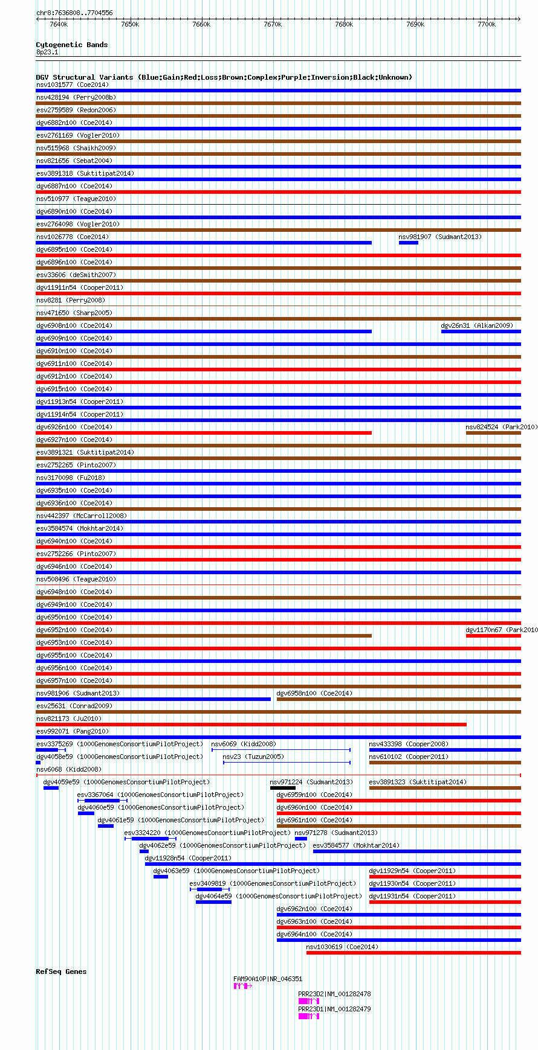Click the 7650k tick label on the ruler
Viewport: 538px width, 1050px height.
[x=129, y=24]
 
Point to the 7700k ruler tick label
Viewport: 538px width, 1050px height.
[x=486, y=24]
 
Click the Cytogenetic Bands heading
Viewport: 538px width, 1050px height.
[x=71, y=45]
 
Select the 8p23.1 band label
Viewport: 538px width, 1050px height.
[x=47, y=53]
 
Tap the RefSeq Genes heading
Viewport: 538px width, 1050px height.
[x=61, y=972]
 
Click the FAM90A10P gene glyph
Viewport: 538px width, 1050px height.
[x=242, y=986]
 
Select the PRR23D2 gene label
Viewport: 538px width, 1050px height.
[x=334, y=994]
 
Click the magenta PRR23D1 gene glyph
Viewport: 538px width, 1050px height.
[x=308, y=1016]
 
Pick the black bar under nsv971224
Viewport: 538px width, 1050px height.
[x=282, y=788]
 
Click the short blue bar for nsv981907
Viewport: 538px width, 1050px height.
[x=408, y=243]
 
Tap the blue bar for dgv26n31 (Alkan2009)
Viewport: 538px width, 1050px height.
[x=481, y=331]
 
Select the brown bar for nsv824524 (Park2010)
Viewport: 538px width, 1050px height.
[x=493, y=433]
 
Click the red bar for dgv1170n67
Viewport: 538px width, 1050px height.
[x=493, y=636]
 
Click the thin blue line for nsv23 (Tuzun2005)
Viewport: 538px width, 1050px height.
[x=287, y=763]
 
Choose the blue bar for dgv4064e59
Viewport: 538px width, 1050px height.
[x=213, y=902]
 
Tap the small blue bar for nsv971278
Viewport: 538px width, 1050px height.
[x=300, y=839]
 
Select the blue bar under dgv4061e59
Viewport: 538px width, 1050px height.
[x=105, y=826]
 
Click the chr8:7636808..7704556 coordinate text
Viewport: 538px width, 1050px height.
[x=74, y=13]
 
